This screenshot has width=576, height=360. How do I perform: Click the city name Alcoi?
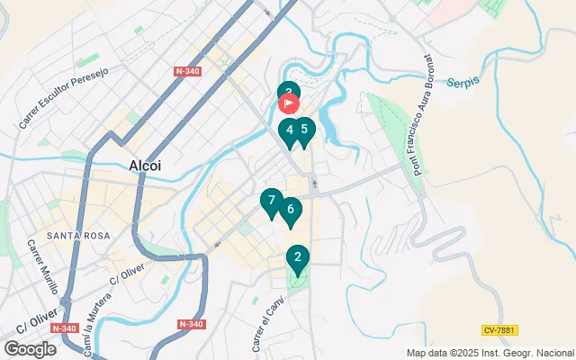pyautogui.click(x=145, y=166)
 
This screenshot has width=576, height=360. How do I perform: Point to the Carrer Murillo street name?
pyautogui.click(x=43, y=267)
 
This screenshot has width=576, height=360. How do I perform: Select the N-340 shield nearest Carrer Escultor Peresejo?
pyautogui.click(x=187, y=71)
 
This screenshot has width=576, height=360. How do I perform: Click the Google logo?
pyautogui.click(x=30, y=348)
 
